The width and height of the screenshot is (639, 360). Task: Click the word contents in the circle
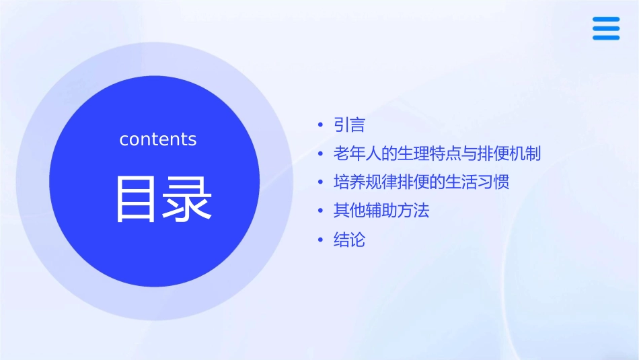click(x=158, y=139)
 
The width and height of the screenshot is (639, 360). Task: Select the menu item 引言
click(x=349, y=125)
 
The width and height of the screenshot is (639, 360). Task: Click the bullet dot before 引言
click(x=322, y=126)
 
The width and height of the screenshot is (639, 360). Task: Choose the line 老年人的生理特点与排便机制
click(x=437, y=153)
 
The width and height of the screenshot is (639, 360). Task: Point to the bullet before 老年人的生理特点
click(x=322, y=154)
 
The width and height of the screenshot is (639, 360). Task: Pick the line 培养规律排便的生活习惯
click(x=422, y=182)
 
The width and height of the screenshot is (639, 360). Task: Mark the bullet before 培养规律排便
click(x=322, y=182)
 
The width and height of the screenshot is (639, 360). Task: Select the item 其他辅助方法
click(x=381, y=211)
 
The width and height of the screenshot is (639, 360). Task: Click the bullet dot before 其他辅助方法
click(x=322, y=211)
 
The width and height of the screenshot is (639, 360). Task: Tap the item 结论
click(x=349, y=240)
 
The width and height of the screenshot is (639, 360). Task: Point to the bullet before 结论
click(x=322, y=240)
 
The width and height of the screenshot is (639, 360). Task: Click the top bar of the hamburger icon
click(x=606, y=20)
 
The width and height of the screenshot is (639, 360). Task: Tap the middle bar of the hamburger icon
click(x=606, y=28)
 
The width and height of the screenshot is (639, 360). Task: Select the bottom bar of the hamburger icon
click(x=606, y=37)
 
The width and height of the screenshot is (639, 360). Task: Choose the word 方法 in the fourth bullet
click(x=413, y=211)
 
